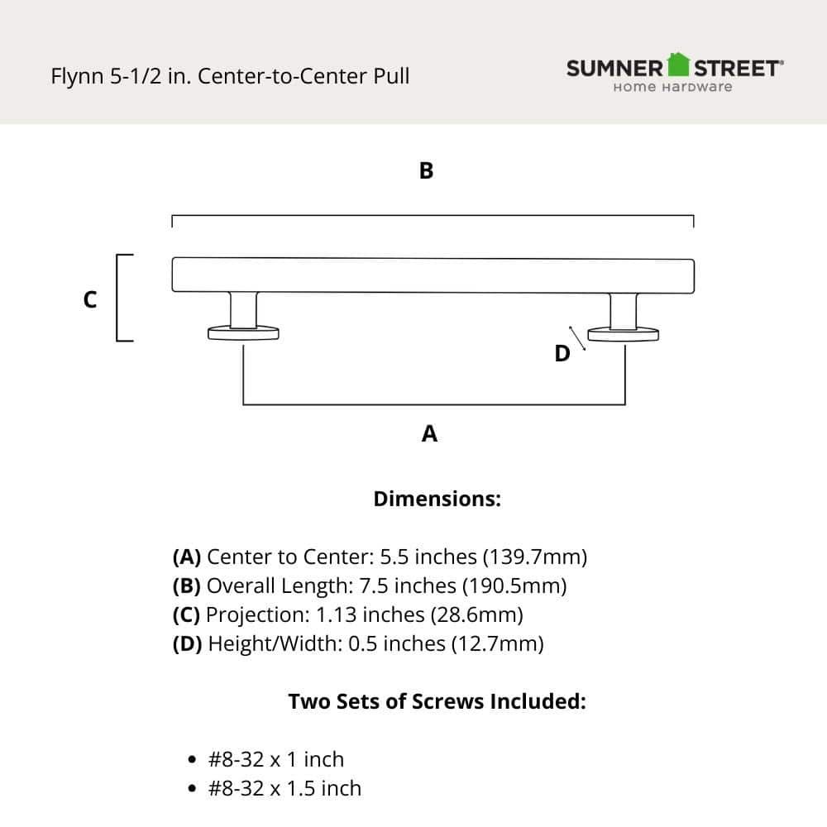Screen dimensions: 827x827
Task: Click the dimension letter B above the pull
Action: pyautogui.click(x=426, y=171)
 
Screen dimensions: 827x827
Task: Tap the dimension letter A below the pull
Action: pyautogui.click(x=429, y=433)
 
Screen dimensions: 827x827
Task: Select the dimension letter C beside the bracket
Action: pyautogui.click(x=90, y=300)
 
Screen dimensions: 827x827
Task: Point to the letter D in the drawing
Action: pyautogui.click(x=562, y=354)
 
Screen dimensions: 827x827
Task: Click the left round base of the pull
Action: pyautogui.click(x=243, y=334)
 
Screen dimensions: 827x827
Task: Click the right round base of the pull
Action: pyautogui.click(x=624, y=334)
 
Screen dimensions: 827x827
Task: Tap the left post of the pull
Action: pyautogui.click(x=243, y=309)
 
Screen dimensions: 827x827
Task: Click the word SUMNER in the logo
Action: pyautogui.click(x=615, y=68)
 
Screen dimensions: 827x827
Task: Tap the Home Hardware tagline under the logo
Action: pyautogui.click(x=672, y=87)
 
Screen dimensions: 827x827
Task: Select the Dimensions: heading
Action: pyautogui.click(x=437, y=500)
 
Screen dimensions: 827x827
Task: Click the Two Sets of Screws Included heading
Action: pyautogui.click(x=437, y=702)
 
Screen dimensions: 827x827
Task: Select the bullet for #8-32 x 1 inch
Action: pyautogui.click(x=193, y=760)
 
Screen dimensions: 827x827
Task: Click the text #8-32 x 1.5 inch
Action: pyautogui.click(x=284, y=789)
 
